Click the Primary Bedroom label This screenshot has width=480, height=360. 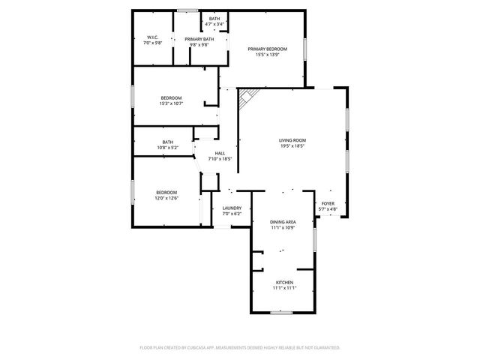click(x=268, y=49)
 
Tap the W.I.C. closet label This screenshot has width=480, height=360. click(x=152, y=37)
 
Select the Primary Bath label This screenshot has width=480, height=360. click(x=198, y=39)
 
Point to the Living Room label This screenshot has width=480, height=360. click(x=292, y=140)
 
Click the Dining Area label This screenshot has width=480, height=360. click(x=283, y=222)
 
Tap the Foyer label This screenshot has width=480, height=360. click(x=328, y=203)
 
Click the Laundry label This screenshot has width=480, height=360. click(x=231, y=208)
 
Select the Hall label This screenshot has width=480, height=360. click(x=220, y=153)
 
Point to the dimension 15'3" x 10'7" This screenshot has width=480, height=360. click(x=171, y=103)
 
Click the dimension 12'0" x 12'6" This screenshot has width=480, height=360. click(x=166, y=198)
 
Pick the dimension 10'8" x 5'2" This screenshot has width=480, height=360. click(x=168, y=148)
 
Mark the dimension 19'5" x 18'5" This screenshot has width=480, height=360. click(x=292, y=146)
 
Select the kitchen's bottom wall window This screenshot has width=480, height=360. click(x=280, y=312)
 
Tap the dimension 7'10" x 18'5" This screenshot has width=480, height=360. click(x=220, y=159)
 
